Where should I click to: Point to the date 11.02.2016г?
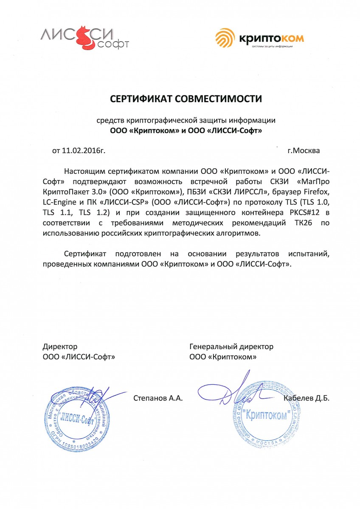pos(83,150)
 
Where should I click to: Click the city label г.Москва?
pos(304,150)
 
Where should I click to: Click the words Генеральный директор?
pos(231,347)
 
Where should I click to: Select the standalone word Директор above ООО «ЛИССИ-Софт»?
pos(60,347)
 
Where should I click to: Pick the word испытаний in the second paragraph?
pos(309,254)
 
